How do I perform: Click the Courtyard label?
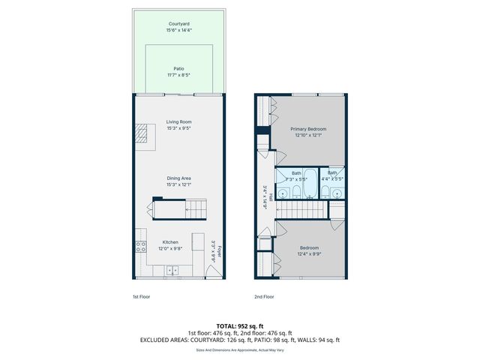coord(179,24)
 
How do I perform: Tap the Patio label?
coord(179,68)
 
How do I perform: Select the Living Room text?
coord(179,121)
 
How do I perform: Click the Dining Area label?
coord(179,178)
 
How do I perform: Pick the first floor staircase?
coord(190,207)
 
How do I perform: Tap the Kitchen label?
coord(169,241)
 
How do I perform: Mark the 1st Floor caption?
coord(141,297)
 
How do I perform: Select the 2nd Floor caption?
coord(264,297)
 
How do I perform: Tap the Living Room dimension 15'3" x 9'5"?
coord(179,128)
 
